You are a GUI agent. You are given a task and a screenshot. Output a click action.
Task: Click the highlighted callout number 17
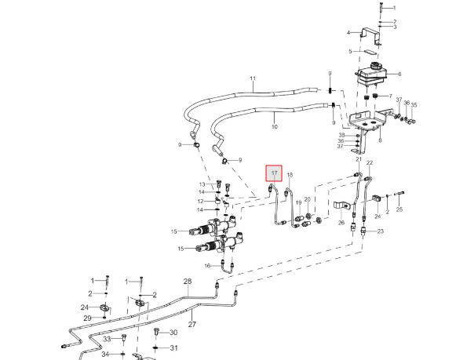(x=274, y=173)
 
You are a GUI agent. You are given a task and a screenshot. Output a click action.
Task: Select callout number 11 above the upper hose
(x=253, y=78)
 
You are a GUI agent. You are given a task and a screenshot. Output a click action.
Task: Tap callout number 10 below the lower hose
(x=275, y=127)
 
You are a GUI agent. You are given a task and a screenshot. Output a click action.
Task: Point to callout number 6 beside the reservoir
(x=399, y=74)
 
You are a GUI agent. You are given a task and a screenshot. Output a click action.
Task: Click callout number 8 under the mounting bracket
(x=380, y=140)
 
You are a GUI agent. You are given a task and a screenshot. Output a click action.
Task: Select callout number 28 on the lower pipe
(x=188, y=282)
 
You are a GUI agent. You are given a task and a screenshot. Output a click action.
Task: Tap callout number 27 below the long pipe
(x=192, y=324)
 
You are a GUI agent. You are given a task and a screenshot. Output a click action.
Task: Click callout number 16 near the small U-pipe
(x=207, y=266)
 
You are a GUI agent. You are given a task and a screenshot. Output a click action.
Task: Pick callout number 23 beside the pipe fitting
(x=381, y=231)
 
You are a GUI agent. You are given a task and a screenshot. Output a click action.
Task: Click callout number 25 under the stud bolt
(x=399, y=209)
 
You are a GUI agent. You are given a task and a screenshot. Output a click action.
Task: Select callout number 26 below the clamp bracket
(x=341, y=223)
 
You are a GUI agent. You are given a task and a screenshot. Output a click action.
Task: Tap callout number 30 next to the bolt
(x=173, y=333)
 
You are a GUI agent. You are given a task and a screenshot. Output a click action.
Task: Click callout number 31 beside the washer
(x=173, y=347)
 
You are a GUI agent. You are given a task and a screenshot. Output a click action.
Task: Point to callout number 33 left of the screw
(x=107, y=339)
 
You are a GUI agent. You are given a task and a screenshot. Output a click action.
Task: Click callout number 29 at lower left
(x=88, y=318)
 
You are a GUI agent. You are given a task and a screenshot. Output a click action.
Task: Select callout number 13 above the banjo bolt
(x=202, y=184)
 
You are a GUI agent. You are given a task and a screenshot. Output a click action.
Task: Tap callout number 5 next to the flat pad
(x=350, y=52)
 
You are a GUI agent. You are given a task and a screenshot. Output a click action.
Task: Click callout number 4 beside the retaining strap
(x=348, y=33)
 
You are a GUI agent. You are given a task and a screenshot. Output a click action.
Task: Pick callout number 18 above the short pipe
(x=290, y=175)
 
